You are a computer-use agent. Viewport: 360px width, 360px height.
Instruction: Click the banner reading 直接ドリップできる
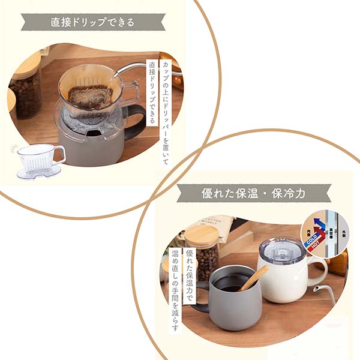point(92,22)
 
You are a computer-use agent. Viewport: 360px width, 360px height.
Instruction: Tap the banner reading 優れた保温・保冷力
point(254,193)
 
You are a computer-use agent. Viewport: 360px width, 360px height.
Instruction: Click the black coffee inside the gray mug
point(231,283)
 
